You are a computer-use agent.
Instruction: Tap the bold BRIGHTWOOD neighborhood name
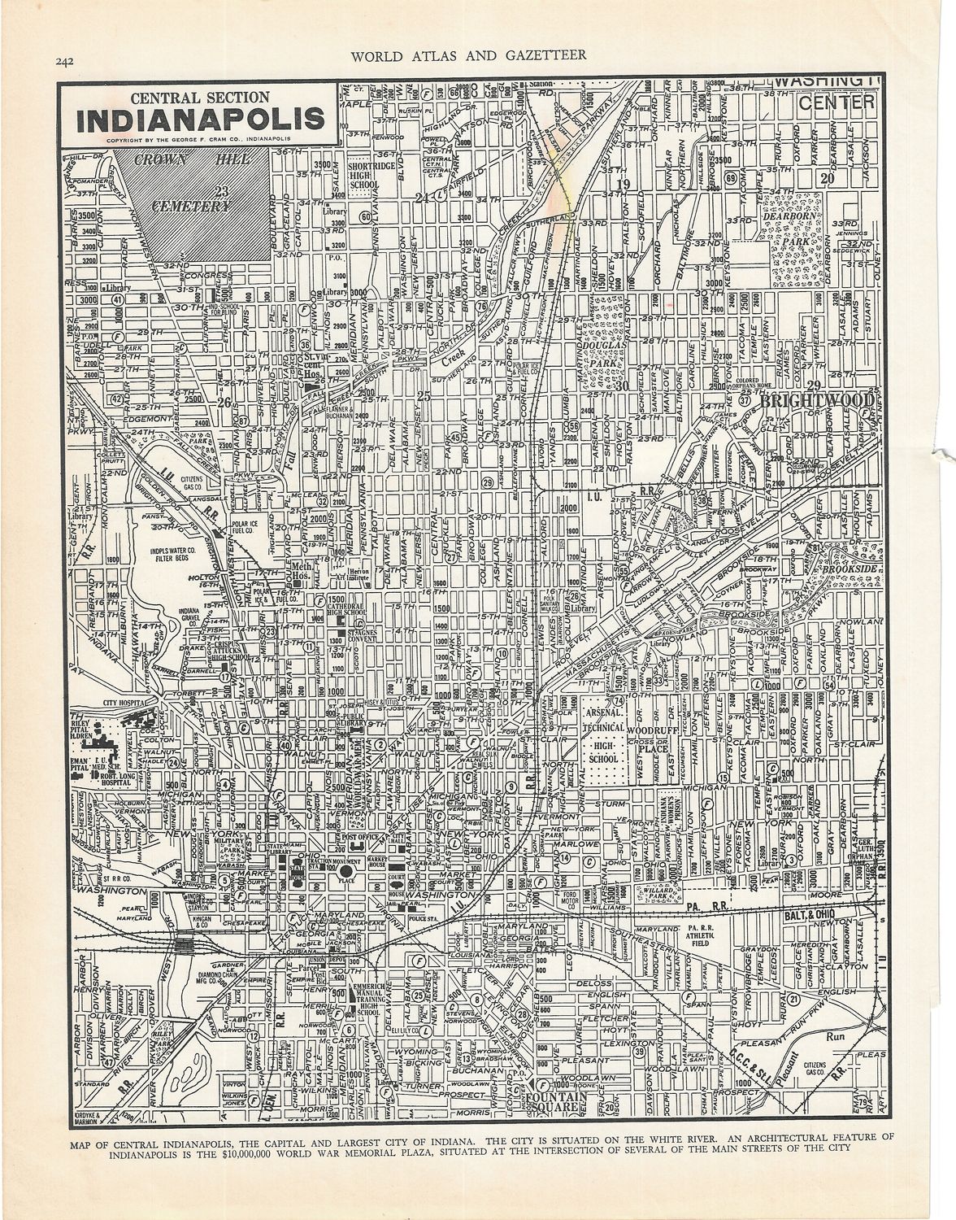[817, 402]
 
